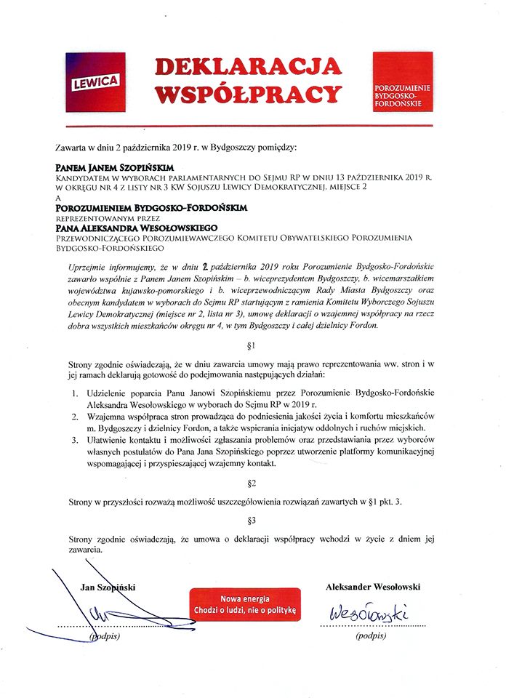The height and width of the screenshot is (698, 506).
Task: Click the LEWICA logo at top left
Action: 96,82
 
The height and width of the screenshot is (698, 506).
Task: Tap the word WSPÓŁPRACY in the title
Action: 248,95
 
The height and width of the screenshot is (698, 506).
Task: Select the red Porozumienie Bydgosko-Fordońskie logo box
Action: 402,81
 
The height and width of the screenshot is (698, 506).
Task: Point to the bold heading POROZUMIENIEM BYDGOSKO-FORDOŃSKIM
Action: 152,207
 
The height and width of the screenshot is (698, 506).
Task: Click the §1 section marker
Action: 252,346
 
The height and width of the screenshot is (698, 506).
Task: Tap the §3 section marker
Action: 252,520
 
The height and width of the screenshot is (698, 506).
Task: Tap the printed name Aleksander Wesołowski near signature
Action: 373,587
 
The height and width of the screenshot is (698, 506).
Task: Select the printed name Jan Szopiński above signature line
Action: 108,587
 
